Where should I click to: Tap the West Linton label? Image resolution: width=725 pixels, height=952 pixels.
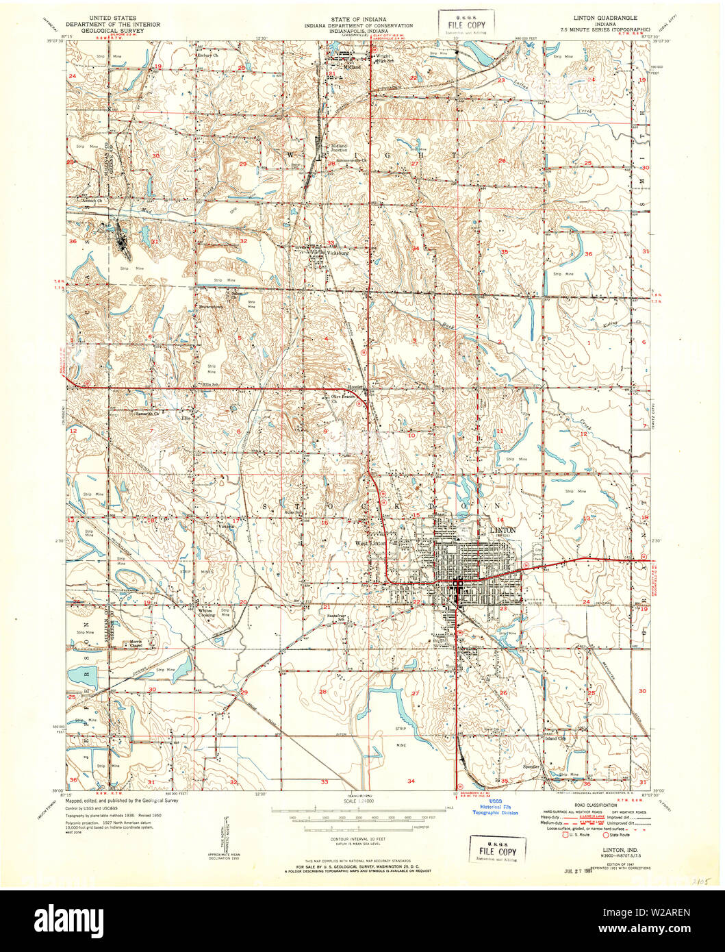pos(370,543)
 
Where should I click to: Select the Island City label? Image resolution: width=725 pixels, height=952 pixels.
pos(555,738)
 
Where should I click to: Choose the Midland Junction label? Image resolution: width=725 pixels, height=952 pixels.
pos(340,149)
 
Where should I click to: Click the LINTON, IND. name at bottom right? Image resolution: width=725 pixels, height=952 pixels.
pos(602,849)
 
